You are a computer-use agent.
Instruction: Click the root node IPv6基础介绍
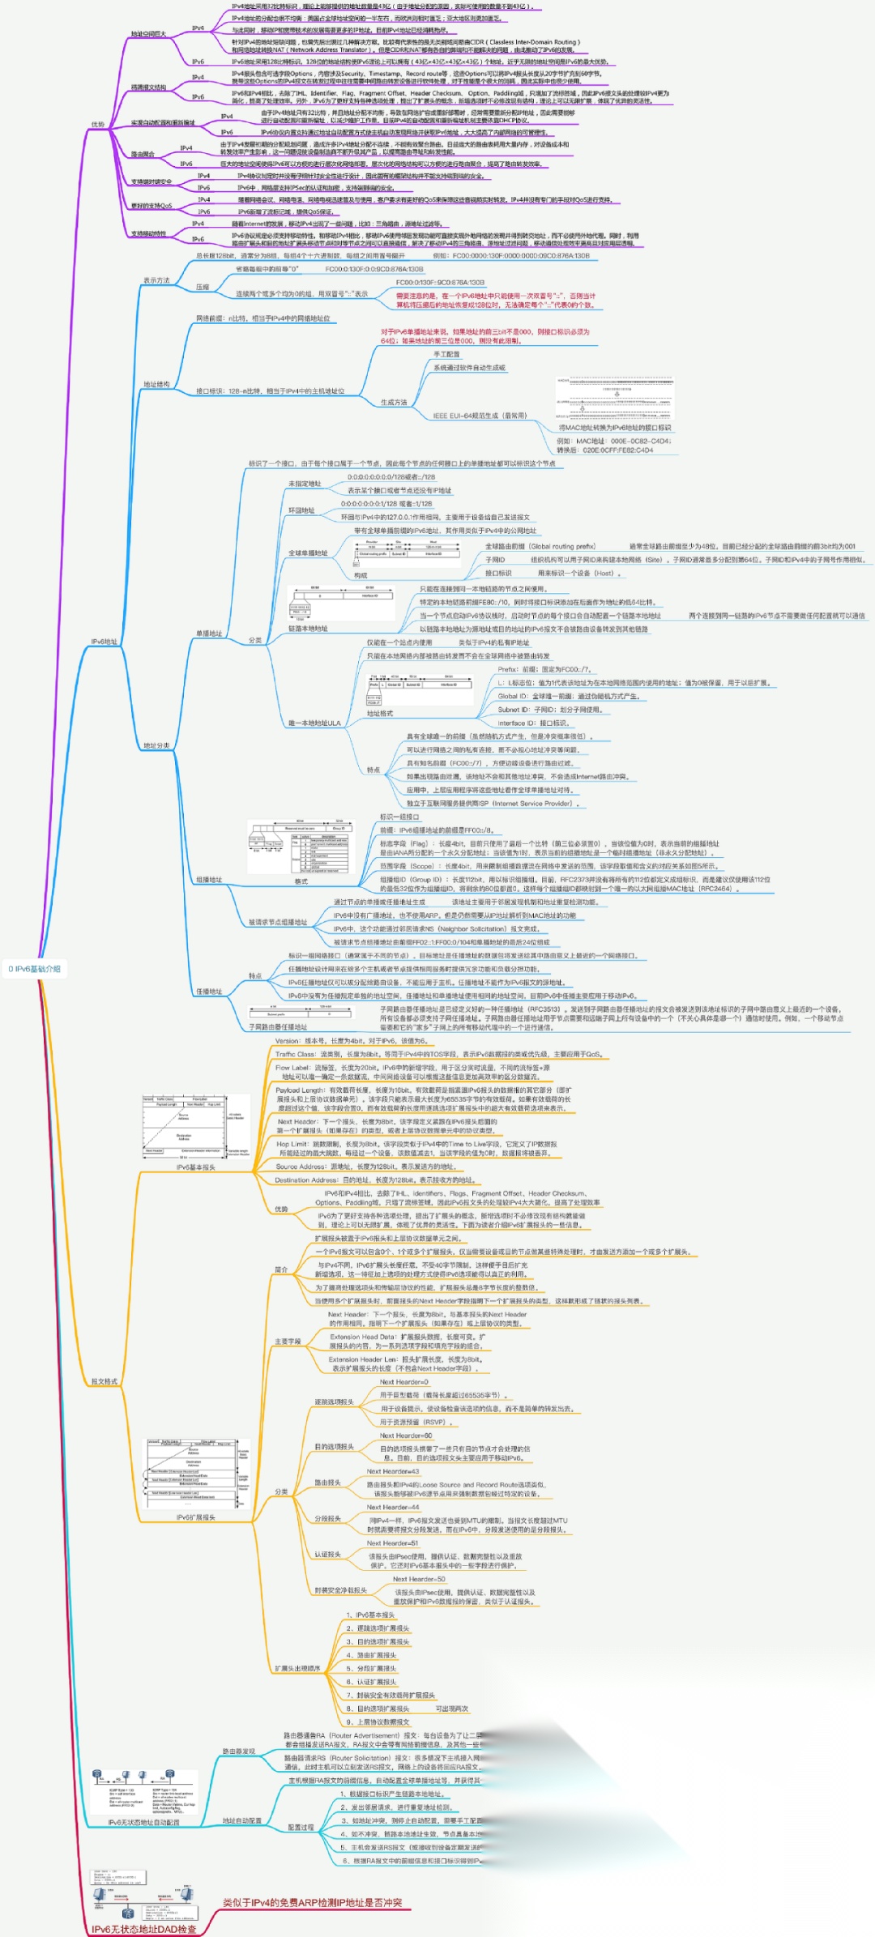(x=34, y=969)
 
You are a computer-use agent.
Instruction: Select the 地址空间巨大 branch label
(x=148, y=34)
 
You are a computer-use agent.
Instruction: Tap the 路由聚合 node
(x=143, y=154)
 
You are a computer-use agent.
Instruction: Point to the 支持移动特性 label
(x=148, y=233)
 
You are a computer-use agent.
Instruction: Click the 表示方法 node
(x=156, y=280)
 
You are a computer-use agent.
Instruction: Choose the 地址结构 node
(x=156, y=384)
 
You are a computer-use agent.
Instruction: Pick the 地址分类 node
(x=156, y=745)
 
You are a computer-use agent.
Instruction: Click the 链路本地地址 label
(x=308, y=629)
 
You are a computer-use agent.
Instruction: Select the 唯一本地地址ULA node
(x=314, y=723)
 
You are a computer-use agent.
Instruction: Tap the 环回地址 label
(x=301, y=510)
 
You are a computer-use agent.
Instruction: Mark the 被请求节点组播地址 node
(x=278, y=922)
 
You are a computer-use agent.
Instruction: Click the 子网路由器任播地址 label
(x=278, y=1026)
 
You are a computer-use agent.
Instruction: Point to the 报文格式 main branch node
(x=105, y=1381)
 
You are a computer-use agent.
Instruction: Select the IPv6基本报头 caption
(x=196, y=1167)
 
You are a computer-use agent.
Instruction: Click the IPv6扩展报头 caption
(x=196, y=1517)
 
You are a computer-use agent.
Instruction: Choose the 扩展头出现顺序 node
(x=297, y=1668)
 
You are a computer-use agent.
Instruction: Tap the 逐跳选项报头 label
(x=334, y=1402)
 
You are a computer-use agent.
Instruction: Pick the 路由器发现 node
(x=239, y=1751)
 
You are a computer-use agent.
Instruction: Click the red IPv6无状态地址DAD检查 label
(x=144, y=1929)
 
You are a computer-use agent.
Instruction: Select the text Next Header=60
(x=406, y=1435)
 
